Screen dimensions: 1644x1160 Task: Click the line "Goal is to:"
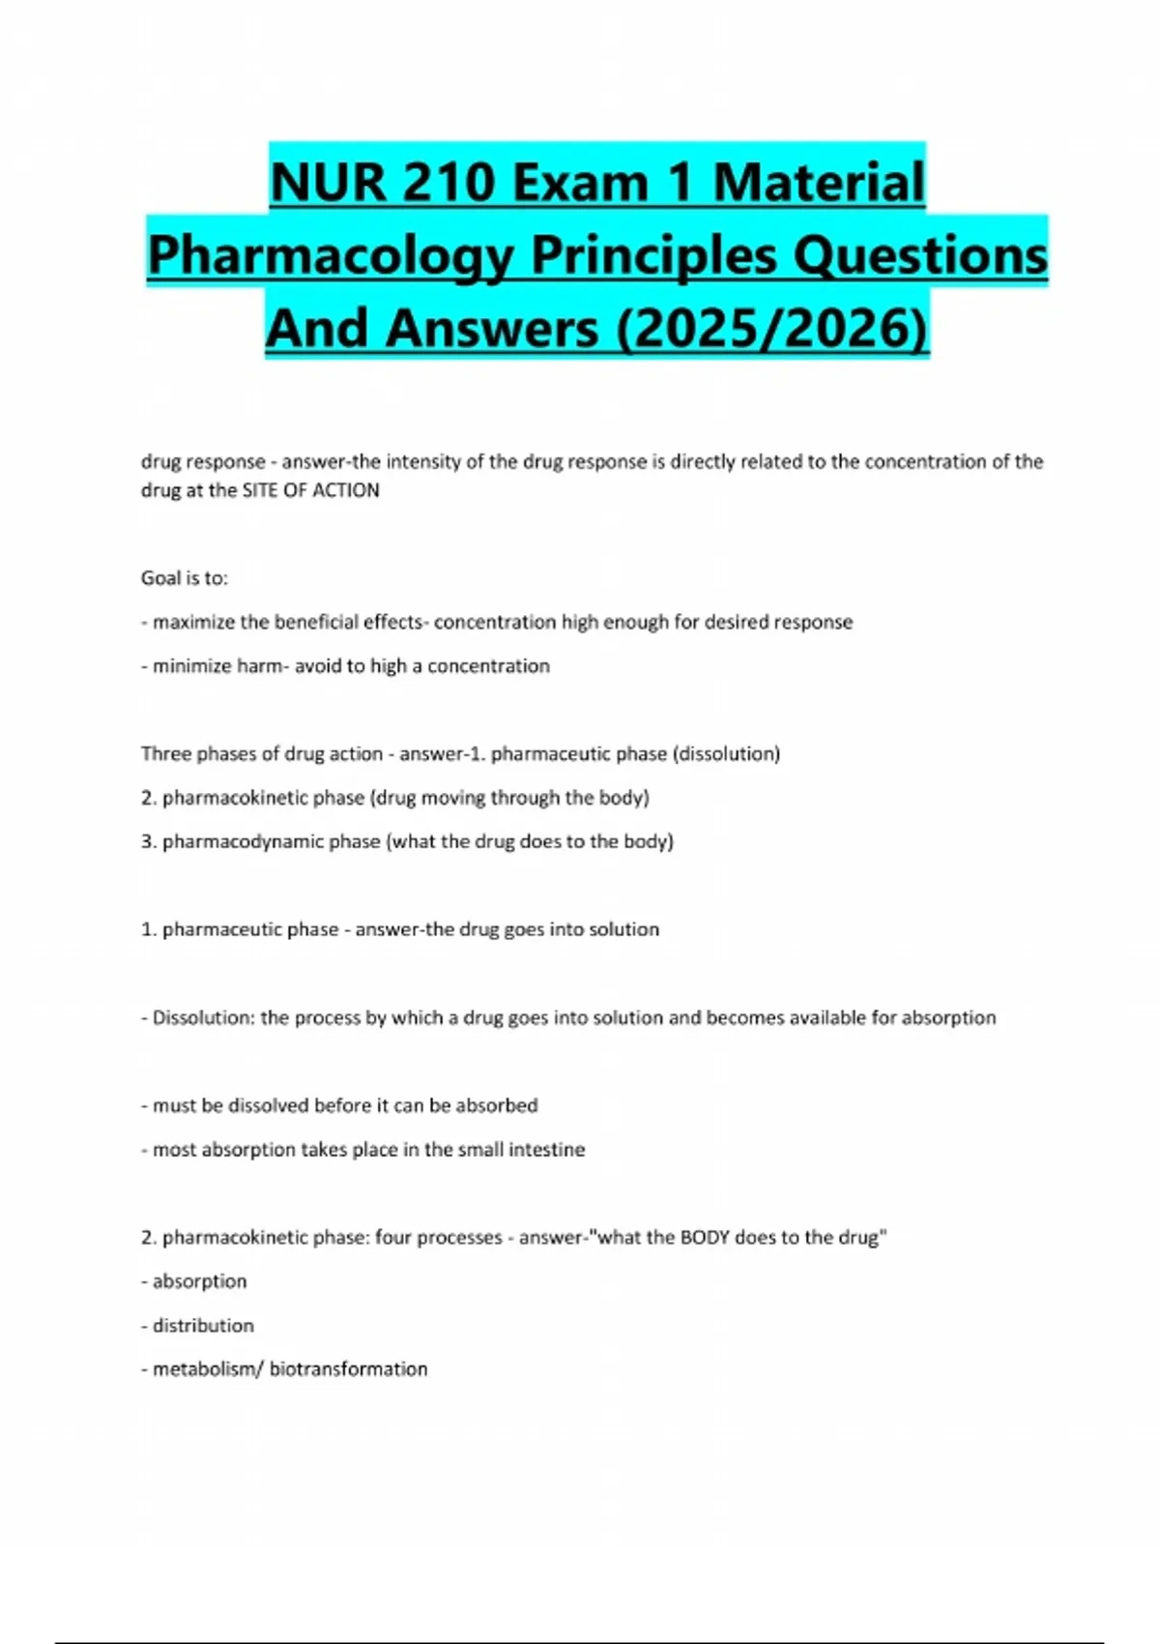(185, 578)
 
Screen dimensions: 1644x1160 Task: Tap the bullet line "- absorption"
(194, 1281)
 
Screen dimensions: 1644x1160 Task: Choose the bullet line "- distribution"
(198, 1326)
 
